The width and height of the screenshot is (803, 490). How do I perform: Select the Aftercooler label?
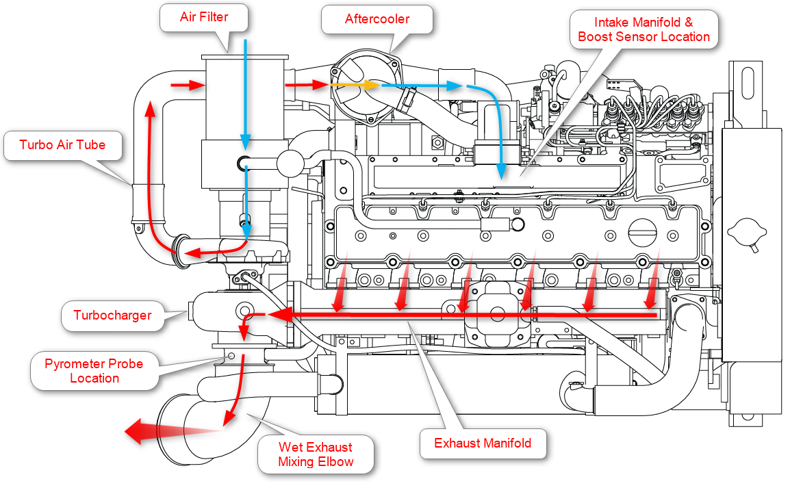(x=377, y=18)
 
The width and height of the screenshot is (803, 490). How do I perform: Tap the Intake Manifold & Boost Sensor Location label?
(x=643, y=29)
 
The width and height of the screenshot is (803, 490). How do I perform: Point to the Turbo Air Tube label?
(x=62, y=144)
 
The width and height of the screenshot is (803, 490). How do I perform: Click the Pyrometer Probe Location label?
(x=94, y=371)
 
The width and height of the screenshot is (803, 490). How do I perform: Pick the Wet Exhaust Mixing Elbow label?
(x=316, y=454)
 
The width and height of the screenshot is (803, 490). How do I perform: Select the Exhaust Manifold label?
(x=483, y=443)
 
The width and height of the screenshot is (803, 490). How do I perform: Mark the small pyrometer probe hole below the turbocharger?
(x=231, y=356)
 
